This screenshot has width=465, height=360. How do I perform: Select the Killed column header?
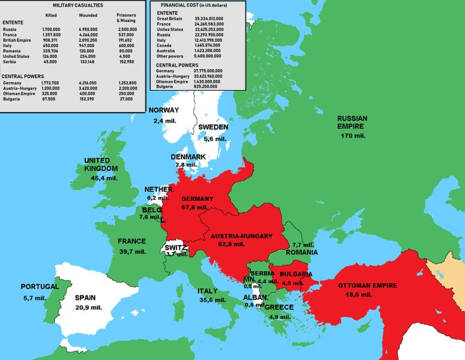[x=51, y=15]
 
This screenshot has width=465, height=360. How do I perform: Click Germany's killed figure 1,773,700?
[x=52, y=83]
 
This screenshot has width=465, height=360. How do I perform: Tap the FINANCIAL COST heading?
[x=185, y=5]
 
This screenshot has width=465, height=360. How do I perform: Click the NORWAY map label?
[x=164, y=110]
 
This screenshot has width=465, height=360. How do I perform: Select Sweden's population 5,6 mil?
[x=215, y=138]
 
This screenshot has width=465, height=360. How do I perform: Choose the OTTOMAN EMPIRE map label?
[x=367, y=285]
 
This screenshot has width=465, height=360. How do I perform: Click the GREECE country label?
[x=279, y=307]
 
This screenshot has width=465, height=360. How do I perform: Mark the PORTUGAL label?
[x=40, y=287]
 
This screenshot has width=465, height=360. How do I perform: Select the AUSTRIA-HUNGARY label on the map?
[x=243, y=236]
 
